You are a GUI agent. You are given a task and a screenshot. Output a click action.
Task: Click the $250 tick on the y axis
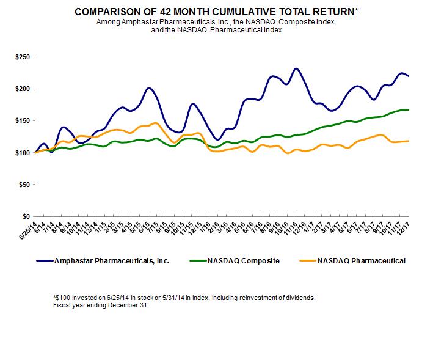[x=23, y=57]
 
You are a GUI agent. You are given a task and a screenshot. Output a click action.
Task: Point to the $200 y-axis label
[x=23, y=89]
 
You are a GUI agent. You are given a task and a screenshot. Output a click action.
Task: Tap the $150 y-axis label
[x=23, y=120]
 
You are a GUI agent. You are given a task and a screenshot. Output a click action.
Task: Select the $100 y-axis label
[x=23, y=152]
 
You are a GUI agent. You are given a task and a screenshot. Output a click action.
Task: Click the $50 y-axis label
[x=25, y=184]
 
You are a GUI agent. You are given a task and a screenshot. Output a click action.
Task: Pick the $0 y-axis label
[x=27, y=216]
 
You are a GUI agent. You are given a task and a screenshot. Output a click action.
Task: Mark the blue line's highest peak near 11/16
[x=296, y=68]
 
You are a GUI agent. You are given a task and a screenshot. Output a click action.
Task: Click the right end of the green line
[x=408, y=109]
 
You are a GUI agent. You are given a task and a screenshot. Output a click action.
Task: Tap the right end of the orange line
[x=408, y=141]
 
